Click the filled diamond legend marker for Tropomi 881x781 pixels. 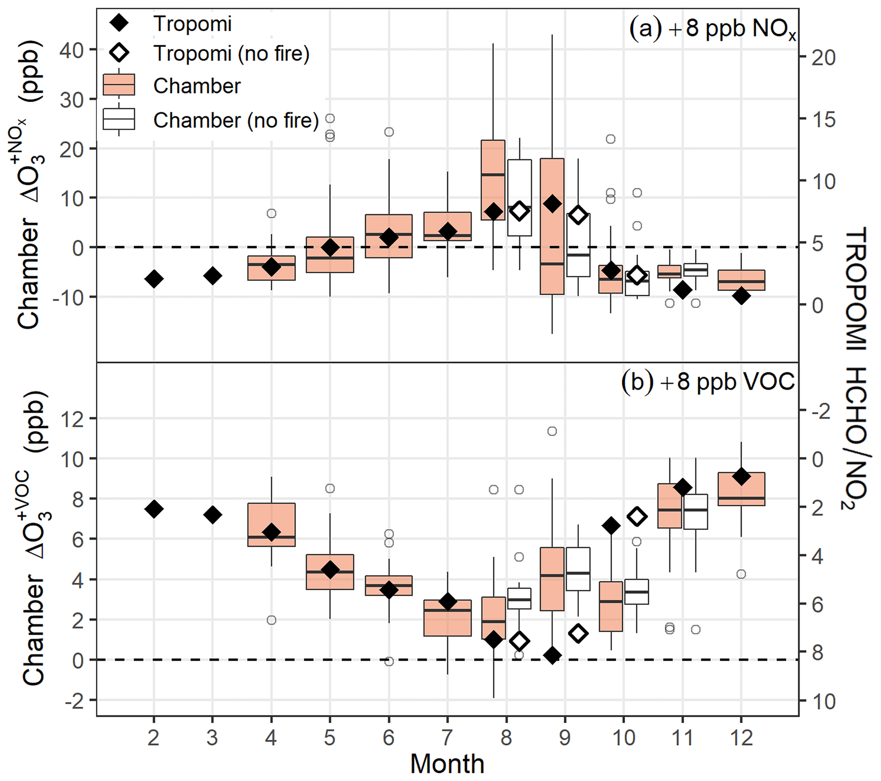click(119, 23)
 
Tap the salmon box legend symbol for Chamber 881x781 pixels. click(119, 84)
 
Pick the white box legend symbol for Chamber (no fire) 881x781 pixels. click(119, 119)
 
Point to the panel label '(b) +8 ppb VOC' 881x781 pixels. click(708, 382)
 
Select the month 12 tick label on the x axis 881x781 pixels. click(741, 738)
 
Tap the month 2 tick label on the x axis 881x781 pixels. click(153, 738)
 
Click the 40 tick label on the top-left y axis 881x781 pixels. click(72, 50)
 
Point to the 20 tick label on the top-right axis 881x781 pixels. click(823, 58)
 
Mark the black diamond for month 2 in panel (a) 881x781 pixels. click(154, 279)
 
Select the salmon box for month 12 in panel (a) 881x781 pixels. click(741, 280)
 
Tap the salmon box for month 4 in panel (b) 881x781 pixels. click(271, 524)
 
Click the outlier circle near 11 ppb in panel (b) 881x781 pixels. click(552, 431)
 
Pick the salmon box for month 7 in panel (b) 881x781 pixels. click(448, 618)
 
